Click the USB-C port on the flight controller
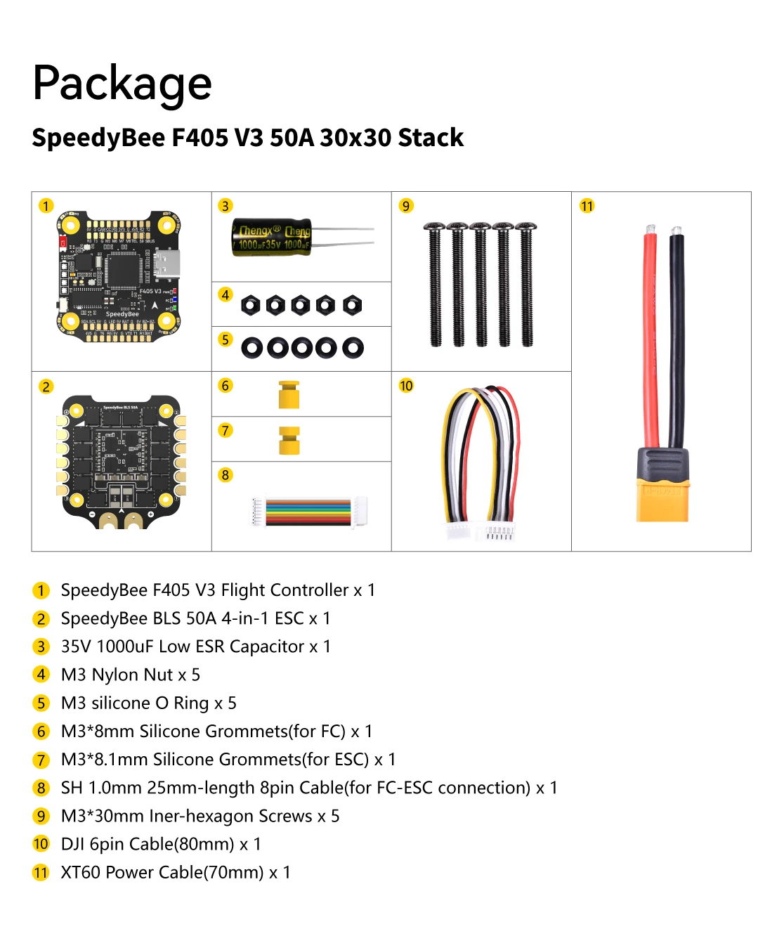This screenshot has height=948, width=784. [x=169, y=264]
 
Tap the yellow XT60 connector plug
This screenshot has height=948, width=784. [x=662, y=493]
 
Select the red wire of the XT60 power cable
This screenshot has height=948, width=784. [x=651, y=337]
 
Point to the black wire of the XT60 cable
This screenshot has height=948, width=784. [x=677, y=337]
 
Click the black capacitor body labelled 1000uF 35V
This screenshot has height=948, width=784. [x=271, y=238]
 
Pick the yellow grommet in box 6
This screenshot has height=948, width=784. [x=289, y=395]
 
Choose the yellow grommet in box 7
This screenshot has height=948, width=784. [x=289, y=440]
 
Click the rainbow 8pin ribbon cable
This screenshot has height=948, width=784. [x=308, y=512]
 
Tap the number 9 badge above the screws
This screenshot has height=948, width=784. [x=406, y=206]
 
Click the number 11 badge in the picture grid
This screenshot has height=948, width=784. [x=587, y=206]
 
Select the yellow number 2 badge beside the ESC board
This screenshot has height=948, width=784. [x=46, y=387]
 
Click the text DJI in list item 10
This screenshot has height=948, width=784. [x=72, y=844]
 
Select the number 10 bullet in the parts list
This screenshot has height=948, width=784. [x=41, y=844]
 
